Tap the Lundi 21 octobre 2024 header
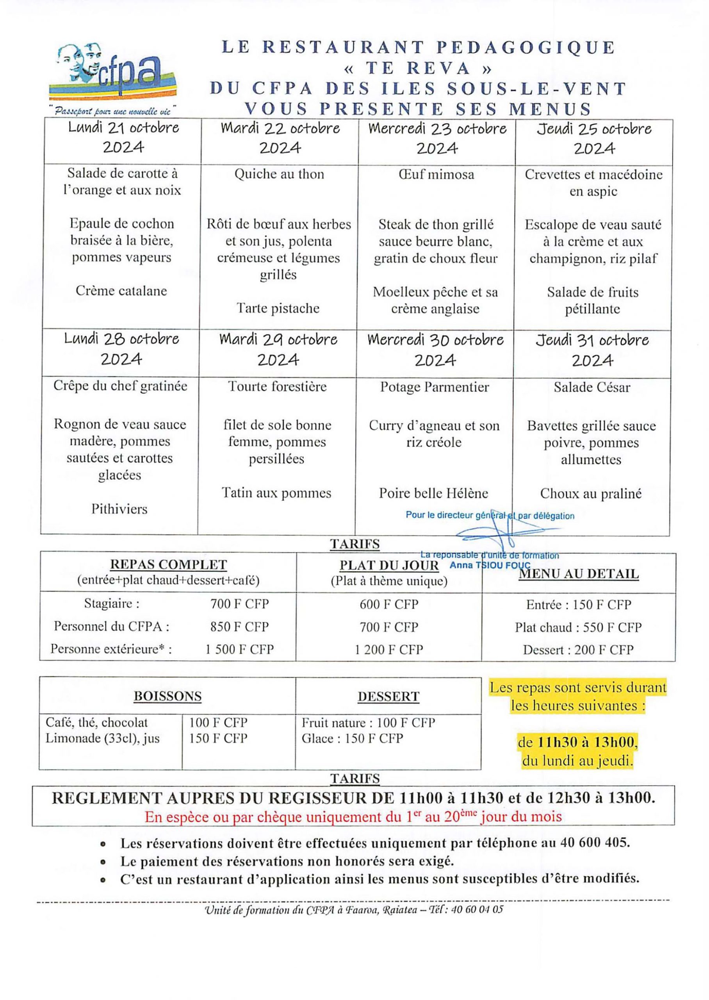(x=123, y=137)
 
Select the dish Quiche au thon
(x=279, y=174)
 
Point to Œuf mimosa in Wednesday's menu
(x=436, y=175)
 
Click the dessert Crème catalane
(x=121, y=291)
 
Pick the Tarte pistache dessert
(x=278, y=308)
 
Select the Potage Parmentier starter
(x=435, y=387)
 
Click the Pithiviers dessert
(x=119, y=509)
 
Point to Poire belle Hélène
(x=433, y=493)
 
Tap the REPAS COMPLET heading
(x=169, y=564)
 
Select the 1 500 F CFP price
(x=240, y=649)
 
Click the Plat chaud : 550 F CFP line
(x=578, y=627)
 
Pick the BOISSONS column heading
(x=167, y=696)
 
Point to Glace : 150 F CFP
(x=352, y=738)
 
